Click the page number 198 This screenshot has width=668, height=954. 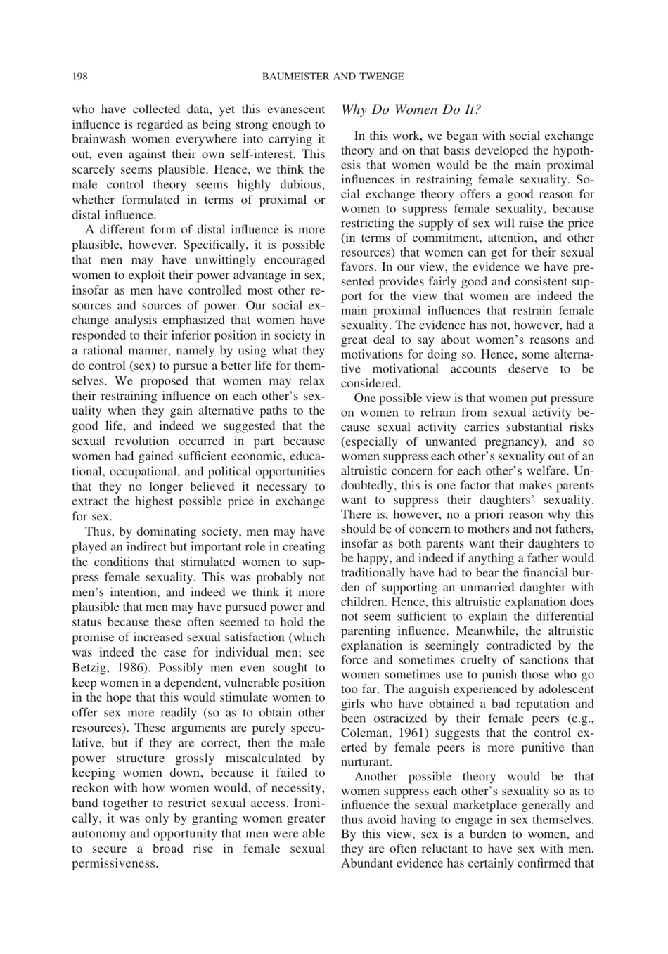coord(79,77)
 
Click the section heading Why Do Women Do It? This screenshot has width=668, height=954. coord(411,110)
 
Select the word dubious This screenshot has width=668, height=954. coord(302,185)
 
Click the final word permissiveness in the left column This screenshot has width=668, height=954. coord(115,864)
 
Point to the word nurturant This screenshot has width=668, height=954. coord(366,762)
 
